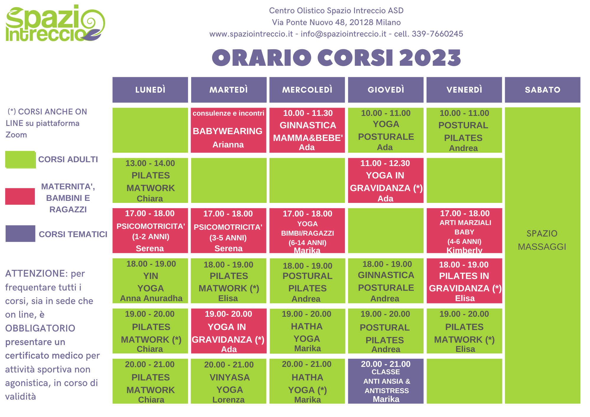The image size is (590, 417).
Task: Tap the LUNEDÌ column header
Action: (x=150, y=90)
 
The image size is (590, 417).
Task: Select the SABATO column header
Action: (x=543, y=90)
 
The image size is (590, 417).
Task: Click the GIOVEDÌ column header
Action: (x=386, y=90)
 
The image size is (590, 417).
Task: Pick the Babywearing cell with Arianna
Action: (x=229, y=130)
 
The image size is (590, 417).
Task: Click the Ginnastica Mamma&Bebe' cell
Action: (x=307, y=130)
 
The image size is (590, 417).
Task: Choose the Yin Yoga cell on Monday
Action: (x=150, y=281)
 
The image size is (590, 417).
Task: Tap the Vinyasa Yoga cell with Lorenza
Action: (x=229, y=381)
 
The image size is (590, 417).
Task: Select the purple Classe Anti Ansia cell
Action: (x=386, y=381)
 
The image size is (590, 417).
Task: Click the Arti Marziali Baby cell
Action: (x=464, y=231)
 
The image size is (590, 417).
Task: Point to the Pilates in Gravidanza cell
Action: (x=464, y=281)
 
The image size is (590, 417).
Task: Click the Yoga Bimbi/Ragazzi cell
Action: (x=307, y=231)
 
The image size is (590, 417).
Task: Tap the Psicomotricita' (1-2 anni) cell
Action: (x=150, y=231)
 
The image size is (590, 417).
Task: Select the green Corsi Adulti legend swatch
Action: (x=20, y=160)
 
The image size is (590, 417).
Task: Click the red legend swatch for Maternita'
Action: (x=20, y=196)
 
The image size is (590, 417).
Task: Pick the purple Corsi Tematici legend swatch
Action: (x=20, y=234)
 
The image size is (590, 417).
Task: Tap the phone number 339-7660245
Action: (x=437, y=34)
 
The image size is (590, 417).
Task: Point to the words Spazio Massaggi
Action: (x=542, y=240)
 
